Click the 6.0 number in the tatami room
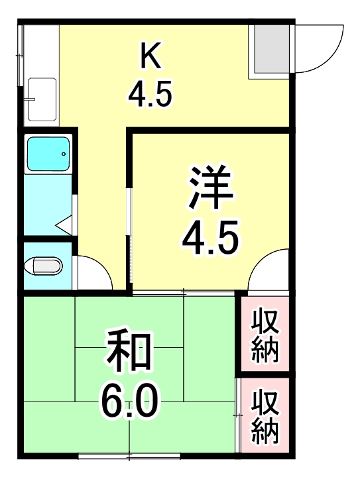(129, 401)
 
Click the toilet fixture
(43, 266)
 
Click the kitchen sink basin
(41, 100)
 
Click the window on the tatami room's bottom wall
(129, 456)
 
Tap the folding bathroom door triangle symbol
(64, 225)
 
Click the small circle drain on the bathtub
(63, 154)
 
